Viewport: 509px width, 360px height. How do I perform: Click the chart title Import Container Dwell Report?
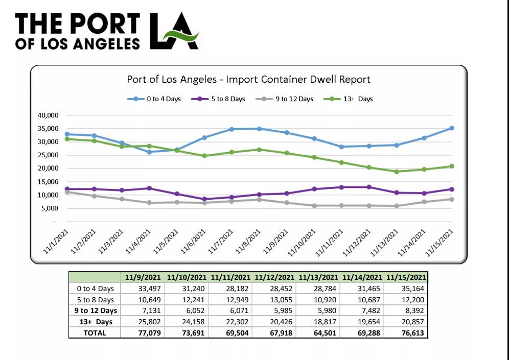(x=248, y=80)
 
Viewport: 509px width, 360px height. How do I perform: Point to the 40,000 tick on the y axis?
(x=48, y=115)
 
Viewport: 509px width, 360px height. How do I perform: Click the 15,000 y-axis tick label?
(x=48, y=182)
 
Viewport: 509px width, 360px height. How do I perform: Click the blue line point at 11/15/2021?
(x=452, y=128)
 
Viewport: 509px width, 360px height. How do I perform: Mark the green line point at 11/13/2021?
(x=397, y=172)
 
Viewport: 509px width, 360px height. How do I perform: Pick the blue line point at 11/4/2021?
(x=149, y=152)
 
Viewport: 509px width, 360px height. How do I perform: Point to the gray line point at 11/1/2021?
(x=67, y=192)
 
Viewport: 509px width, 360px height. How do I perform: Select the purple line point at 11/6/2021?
(x=204, y=199)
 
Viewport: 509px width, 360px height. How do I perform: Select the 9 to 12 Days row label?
(x=96, y=310)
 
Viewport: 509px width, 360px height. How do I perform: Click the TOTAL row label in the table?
(x=96, y=333)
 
